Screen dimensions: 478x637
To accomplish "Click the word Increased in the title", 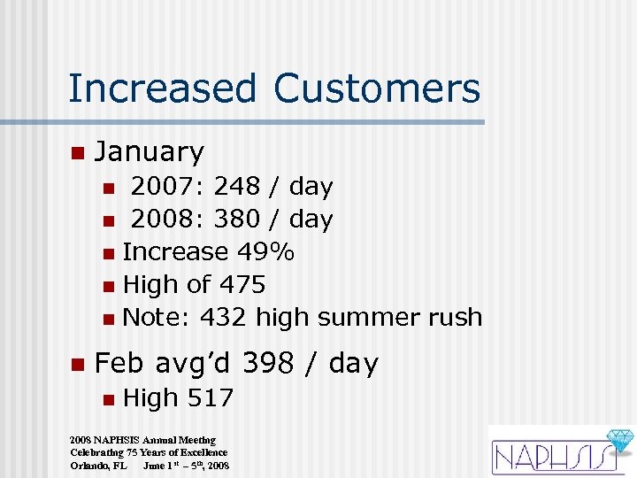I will (162, 89).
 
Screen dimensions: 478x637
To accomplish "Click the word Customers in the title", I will (377, 89).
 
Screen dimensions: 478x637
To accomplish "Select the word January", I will (149, 152).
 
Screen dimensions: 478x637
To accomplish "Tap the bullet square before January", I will (77, 153).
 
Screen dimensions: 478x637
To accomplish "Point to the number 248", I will (238, 187).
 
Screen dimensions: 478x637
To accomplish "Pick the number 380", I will (238, 220).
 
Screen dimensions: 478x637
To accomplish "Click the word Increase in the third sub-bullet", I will (175, 252).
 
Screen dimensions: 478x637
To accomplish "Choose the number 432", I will (224, 317).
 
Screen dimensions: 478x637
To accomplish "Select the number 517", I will (210, 398).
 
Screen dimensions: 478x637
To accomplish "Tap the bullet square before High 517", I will (107, 399).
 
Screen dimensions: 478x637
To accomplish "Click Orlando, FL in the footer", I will (98, 466).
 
